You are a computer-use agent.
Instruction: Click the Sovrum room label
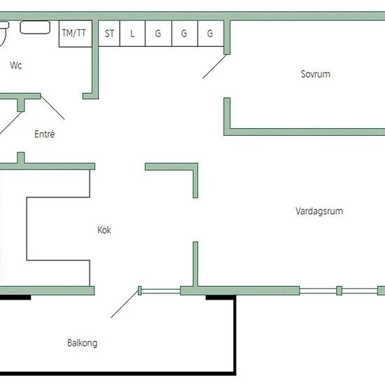coord(316,74)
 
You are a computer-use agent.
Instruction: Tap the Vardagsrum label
coord(319,211)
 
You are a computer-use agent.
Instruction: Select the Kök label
coord(104,230)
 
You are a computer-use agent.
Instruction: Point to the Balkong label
coord(83,343)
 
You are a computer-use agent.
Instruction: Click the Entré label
coord(44,134)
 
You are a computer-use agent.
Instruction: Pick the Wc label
coord(16,65)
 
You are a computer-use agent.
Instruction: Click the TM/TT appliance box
coord(76,34)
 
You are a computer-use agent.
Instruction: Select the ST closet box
coord(109,34)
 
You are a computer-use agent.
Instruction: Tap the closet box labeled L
coord(132,34)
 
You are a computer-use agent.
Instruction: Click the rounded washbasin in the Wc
coord(35,27)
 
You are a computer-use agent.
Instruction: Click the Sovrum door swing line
coord(215,66)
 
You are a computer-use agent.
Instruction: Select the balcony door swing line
coord(125,304)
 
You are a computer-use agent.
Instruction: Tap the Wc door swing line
coord(52,107)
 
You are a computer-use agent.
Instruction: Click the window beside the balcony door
coord(161,291)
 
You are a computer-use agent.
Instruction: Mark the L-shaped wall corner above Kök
coord(195,167)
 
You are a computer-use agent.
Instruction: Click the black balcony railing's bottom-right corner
coord(234,374)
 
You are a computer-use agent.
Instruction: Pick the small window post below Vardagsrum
coord(339,290)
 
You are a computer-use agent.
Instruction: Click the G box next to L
coord(159,34)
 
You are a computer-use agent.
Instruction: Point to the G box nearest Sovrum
coord(211,34)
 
